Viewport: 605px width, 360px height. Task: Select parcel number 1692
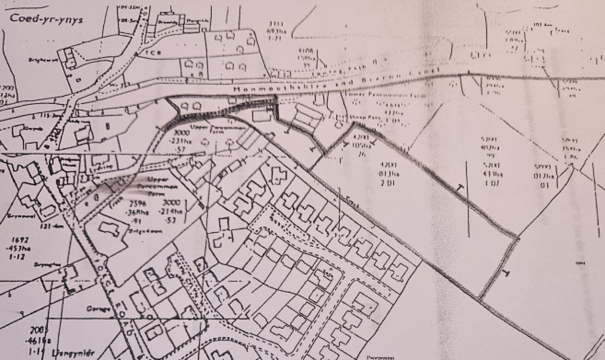[x=21, y=241]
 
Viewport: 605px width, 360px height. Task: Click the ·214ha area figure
[x=171, y=212]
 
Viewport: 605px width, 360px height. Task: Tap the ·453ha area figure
[x=21, y=249]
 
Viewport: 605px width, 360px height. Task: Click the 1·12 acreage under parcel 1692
[x=19, y=257]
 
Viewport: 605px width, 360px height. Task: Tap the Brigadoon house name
[x=149, y=232]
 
